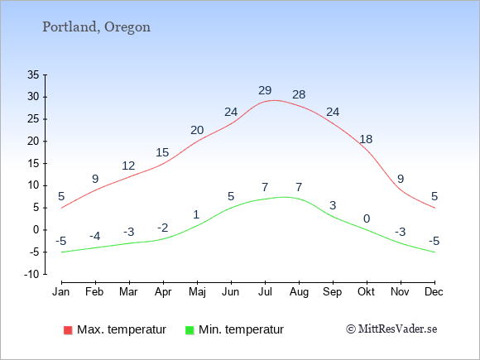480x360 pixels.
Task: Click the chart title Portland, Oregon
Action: pyautogui.click(x=96, y=27)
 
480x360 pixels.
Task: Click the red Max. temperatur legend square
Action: pyautogui.click(x=68, y=330)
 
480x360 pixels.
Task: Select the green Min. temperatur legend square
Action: pyautogui.click(x=190, y=330)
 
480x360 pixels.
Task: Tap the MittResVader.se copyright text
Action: pyautogui.click(x=391, y=329)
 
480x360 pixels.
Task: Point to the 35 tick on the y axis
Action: pyautogui.click(x=33, y=74)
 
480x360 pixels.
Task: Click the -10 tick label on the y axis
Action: pyautogui.click(x=31, y=274)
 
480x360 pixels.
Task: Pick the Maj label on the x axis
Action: pyautogui.click(x=197, y=292)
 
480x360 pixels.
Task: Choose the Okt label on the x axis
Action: pyautogui.click(x=366, y=292)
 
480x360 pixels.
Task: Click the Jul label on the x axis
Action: pyautogui.click(x=265, y=292)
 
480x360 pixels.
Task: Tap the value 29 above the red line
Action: pyautogui.click(x=265, y=90)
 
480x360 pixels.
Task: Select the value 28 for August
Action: pyautogui.click(x=299, y=94)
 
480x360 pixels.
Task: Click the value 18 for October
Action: pyautogui.click(x=366, y=139)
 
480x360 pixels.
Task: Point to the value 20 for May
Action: pyautogui.click(x=197, y=131)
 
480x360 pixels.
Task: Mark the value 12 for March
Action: pyautogui.click(x=128, y=166)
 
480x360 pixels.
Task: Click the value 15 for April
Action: pyautogui.click(x=162, y=152)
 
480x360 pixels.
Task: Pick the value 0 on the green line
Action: pyautogui.click(x=367, y=218)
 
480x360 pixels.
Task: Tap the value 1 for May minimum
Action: pyautogui.click(x=196, y=214)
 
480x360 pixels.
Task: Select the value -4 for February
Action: pyautogui.click(x=95, y=237)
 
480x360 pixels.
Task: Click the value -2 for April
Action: pyautogui.click(x=163, y=228)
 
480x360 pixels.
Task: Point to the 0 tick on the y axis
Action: pyautogui.click(x=36, y=230)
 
